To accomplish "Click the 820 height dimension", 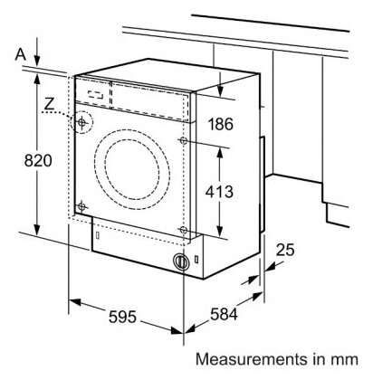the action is pos(38,160).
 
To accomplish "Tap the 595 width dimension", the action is pos(122,317).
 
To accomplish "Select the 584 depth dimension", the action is pos(224,314).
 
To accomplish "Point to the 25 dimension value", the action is pos(285,250).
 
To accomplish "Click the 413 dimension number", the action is pos(219,192).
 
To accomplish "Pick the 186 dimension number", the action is pos(221,124).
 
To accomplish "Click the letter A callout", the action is pos(21,54).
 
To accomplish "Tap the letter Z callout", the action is pos(49,103).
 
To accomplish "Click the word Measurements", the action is pos(249,359).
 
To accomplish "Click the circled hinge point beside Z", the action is pos(81,122).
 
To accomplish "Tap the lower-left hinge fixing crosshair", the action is pos(81,206).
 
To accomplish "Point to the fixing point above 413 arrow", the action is pos(183,140).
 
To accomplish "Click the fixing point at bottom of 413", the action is pos(183,230).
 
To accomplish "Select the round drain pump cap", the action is pos(181,261).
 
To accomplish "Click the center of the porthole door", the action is pos(132,169).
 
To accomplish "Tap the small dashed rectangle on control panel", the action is pos(96,95).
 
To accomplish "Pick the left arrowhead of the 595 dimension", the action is pos(75,302).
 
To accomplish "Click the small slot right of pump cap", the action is pos(196,259).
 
